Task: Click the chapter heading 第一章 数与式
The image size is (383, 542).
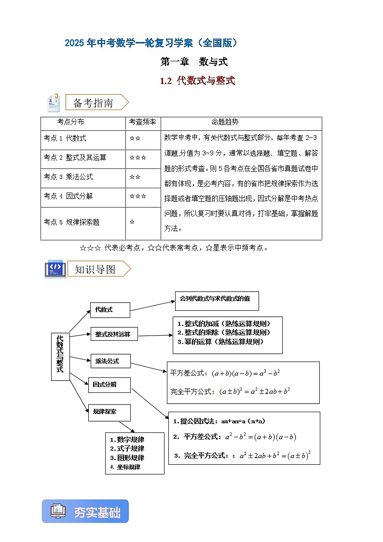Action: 193,62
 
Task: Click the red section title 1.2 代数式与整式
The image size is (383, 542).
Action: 197,81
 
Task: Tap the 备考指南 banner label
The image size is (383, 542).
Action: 94,103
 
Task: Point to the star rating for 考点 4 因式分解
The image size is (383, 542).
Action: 137,196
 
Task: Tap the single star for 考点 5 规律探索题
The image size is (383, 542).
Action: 132,222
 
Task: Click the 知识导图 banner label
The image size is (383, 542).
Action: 95,269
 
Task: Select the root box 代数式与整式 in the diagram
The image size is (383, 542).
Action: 60,356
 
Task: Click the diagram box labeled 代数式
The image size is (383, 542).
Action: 109,310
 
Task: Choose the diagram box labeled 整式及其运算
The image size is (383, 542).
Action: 114,334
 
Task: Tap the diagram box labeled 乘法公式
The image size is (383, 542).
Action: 110,361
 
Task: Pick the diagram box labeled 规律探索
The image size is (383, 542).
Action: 109,412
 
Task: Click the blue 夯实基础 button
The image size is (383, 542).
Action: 85,512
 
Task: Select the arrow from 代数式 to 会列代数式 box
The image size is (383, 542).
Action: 152,306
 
